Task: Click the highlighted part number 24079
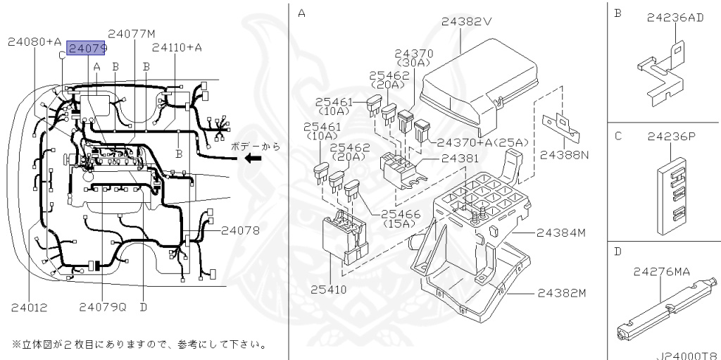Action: (x=87, y=48)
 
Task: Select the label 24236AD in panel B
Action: (x=675, y=18)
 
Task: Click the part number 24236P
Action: (x=671, y=137)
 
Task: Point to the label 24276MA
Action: (x=662, y=272)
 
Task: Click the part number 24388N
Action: (x=564, y=155)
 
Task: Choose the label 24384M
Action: (x=561, y=233)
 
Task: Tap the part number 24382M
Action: (x=561, y=293)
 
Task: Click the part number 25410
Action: (x=329, y=290)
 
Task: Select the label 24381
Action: (x=460, y=159)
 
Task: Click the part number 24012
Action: (x=29, y=307)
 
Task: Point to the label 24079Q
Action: (x=103, y=307)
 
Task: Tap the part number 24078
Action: (x=240, y=230)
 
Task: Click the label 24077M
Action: (x=132, y=34)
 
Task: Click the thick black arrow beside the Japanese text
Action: (x=253, y=159)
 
